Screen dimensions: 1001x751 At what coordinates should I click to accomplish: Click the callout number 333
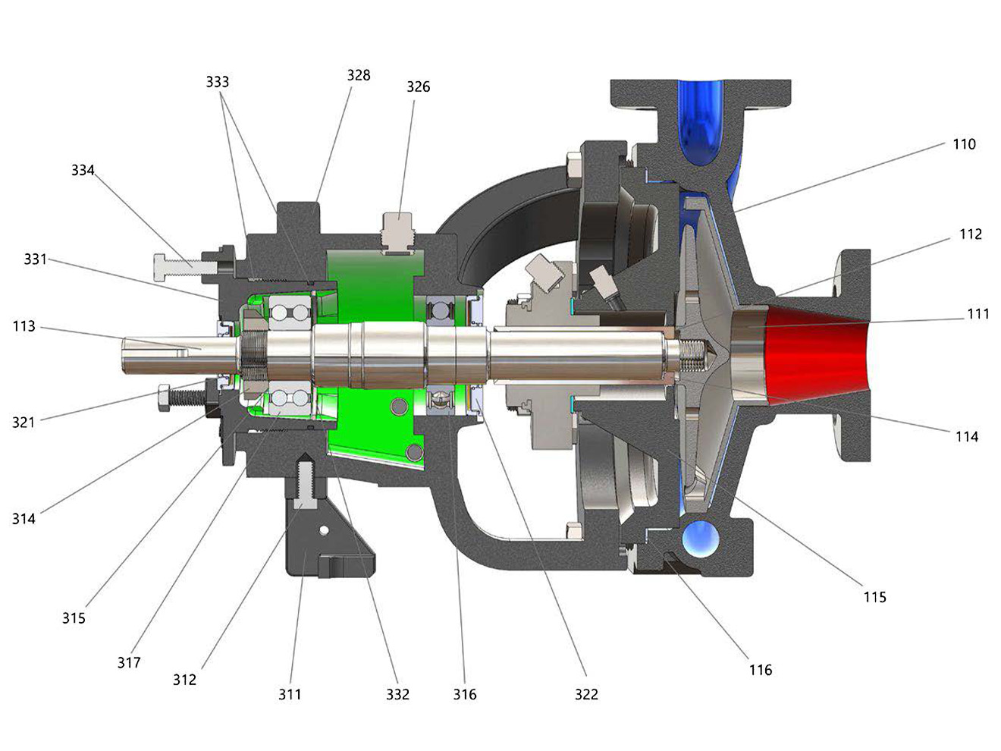click(217, 82)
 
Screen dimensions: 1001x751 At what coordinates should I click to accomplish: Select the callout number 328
click(359, 75)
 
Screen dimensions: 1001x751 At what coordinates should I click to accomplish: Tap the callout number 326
click(418, 86)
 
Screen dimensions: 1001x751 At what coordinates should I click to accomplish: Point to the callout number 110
click(964, 144)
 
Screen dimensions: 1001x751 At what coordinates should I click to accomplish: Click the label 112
click(971, 234)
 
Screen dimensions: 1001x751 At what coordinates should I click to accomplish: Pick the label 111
click(977, 314)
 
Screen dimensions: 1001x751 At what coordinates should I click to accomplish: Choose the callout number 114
click(967, 437)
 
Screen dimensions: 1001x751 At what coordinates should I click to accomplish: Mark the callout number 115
click(874, 597)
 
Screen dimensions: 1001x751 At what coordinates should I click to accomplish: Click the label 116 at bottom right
click(761, 670)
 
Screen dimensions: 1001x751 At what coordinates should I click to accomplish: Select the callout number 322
click(586, 694)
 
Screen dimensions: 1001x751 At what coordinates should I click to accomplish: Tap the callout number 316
click(465, 694)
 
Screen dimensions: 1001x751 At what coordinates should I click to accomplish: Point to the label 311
click(290, 694)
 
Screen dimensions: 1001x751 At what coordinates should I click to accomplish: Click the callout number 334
click(83, 170)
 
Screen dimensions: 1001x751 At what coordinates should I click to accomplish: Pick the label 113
click(24, 326)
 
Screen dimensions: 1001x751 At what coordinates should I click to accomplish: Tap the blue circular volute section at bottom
click(701, 538)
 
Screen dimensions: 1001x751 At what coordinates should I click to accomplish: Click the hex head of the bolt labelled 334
click(162, 267)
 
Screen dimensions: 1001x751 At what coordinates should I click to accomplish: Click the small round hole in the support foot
click(323, 530)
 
